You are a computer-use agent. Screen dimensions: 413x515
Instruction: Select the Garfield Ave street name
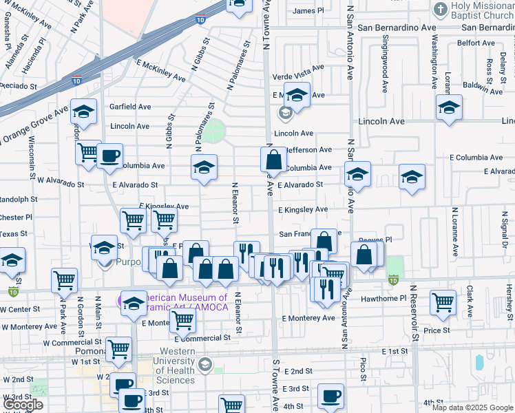click(130, 107)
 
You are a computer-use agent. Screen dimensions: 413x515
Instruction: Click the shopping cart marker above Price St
click(443, 302)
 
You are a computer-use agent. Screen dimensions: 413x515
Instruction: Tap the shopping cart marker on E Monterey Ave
click(182, 320)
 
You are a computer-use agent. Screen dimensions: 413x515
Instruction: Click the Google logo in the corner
click(23, 405)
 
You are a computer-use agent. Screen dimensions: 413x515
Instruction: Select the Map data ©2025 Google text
click(472, 407)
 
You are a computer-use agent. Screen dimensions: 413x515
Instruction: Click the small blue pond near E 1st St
click(479, 362)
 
